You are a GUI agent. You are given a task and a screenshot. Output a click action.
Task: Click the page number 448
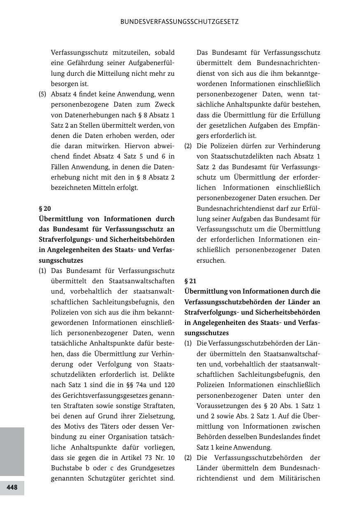pyautogui.click(x=12, y=488)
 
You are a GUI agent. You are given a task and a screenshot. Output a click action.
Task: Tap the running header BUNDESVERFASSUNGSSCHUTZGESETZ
pyautogui.click(x=179, y=22)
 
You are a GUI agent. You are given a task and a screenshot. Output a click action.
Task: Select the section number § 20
pyautogui.click(x=45, y=208)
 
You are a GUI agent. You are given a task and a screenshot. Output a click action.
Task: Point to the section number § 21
pyautogui.click(x=190, y=281)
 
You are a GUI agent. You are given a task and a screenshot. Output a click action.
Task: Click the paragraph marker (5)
pyautogui.click(x=42, y=94)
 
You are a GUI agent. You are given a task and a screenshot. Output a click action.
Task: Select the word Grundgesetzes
pyautogui.click(x=155, y=468)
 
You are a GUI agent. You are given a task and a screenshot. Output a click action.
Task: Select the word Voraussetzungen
pyautogui.click(x=223, y=406)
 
